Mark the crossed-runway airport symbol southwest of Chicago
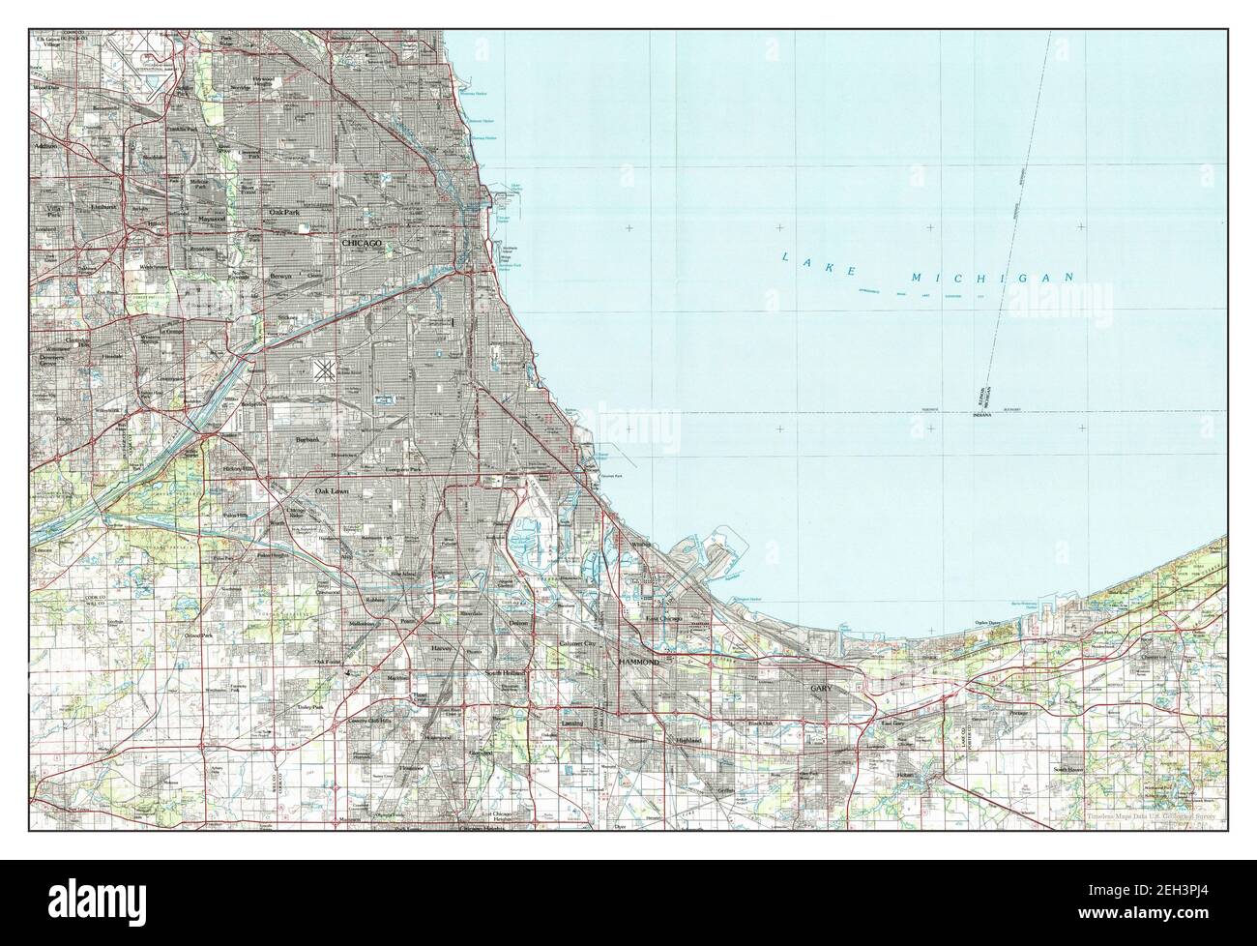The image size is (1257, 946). point(324,369)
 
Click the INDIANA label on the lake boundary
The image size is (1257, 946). point(978,413)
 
